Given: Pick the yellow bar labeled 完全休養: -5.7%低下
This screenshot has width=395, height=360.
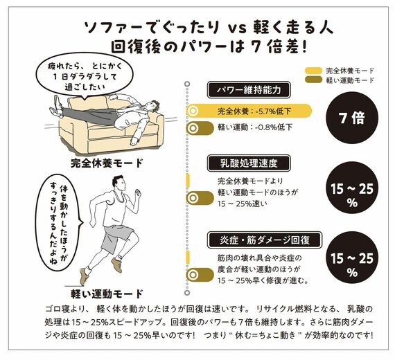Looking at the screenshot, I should (x=249, y=111).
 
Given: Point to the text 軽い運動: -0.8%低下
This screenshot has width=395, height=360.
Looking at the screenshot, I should (x=254, y=128).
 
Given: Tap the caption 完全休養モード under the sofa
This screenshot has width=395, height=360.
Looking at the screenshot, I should (x=106, y=163).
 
